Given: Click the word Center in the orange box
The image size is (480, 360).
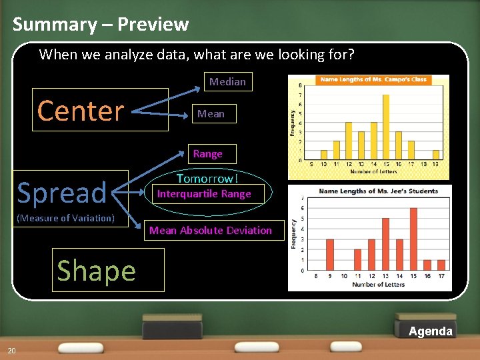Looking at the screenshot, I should (x=81, y=111).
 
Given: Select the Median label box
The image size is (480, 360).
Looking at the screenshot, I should (x=227, y=82).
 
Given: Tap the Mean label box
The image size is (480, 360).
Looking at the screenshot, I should (x=211, y=114).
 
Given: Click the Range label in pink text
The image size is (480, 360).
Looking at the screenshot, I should (x=207, y=154).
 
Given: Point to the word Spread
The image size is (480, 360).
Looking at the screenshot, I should (x=61, y=193).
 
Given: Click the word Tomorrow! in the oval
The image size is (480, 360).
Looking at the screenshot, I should (x=207, y=179).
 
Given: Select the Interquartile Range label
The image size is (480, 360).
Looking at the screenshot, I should (x=204, y=194).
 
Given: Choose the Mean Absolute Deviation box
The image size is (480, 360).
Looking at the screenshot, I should (x=211, y=231).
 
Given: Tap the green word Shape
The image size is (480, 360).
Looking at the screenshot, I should (x=97, y=271).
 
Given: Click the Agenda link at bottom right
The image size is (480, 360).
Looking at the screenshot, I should (x=430, y=331).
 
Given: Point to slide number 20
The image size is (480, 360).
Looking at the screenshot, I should (x=11, y=351).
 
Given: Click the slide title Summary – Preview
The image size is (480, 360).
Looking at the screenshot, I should (x=101, y=25).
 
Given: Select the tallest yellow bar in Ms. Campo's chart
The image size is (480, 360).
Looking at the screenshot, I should (x=385, y=127).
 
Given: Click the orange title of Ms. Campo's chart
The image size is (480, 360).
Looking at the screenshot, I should (x=373, y=79).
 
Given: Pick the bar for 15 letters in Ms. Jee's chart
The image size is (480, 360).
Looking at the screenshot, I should (x=413, y=239).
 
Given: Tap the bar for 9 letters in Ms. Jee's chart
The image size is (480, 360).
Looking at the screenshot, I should (x=329, y=254).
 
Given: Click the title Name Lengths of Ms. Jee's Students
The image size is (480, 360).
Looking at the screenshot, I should (x=378, y=191).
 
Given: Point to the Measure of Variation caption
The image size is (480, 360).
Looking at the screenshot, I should (x=65, y=218).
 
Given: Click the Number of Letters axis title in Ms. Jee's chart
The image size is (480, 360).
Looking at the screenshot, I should (x=378, y=285).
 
